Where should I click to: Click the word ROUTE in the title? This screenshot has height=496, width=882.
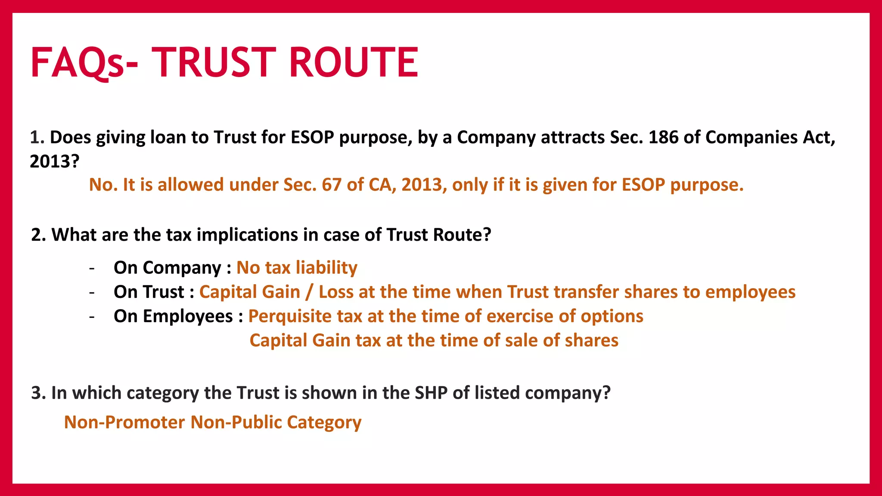tap(353, 62)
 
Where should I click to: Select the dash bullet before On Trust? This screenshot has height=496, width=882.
tap(92, 292)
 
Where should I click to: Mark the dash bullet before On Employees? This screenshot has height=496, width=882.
tap(92, 317)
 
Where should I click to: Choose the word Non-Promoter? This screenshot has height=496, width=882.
tap(124, 422)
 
